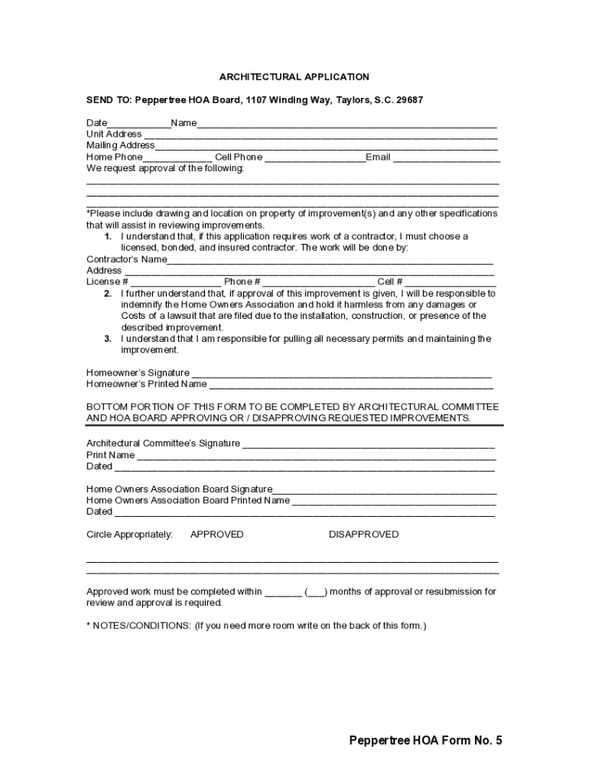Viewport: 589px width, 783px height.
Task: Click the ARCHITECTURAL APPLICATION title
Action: click(x=294, y=77)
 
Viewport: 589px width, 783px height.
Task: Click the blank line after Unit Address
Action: click(x=321, y=135)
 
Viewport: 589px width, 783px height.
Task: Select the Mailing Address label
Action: click(x=120, y=145)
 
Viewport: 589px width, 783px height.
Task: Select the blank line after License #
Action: click(x=176, y=283)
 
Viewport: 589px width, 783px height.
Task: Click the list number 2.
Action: click(x=108, y=294)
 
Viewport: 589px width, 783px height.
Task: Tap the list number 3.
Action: click(x=108, y=339)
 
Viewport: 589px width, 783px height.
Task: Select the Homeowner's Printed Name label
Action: click(x=146, y=384)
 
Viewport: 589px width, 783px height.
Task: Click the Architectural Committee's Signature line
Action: click(x=369, y=445)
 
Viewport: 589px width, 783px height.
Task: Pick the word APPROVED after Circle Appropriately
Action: click(x=216, y=534)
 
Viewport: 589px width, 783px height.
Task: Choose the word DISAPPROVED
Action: click(x=363, y=534)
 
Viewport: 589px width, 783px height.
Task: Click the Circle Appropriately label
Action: click(x=129, y=534)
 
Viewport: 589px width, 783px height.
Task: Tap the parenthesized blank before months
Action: click(x=317, y=593)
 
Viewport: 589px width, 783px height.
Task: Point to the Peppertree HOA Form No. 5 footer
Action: click(x=425, y=740)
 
